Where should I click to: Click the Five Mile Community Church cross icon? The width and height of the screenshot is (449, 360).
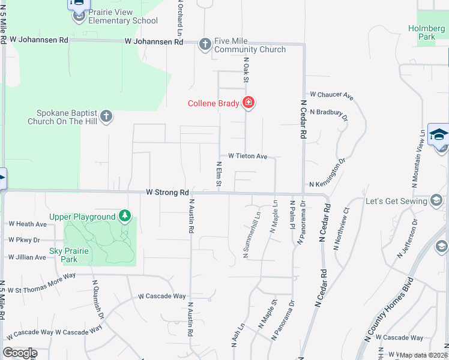coord(205,44)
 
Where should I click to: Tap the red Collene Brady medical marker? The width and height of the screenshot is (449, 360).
coord(248,103)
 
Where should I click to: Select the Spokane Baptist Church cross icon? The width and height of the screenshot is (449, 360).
coord(106,116)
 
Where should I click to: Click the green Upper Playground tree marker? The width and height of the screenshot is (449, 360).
coord(124,216)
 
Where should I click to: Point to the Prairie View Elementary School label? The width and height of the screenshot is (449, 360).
coord(115,16)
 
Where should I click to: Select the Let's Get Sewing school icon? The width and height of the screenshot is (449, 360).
coord(436,200)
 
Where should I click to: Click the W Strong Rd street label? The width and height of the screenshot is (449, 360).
coord(167,193)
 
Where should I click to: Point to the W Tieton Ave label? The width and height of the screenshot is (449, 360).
coord(247,157)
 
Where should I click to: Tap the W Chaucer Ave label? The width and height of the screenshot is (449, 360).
coord(331,95)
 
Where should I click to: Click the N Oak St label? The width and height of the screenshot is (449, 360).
coord(246,70)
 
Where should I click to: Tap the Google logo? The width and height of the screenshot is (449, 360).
coord(20,353)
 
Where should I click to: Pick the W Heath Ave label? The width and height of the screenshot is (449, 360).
coord(27,224)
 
